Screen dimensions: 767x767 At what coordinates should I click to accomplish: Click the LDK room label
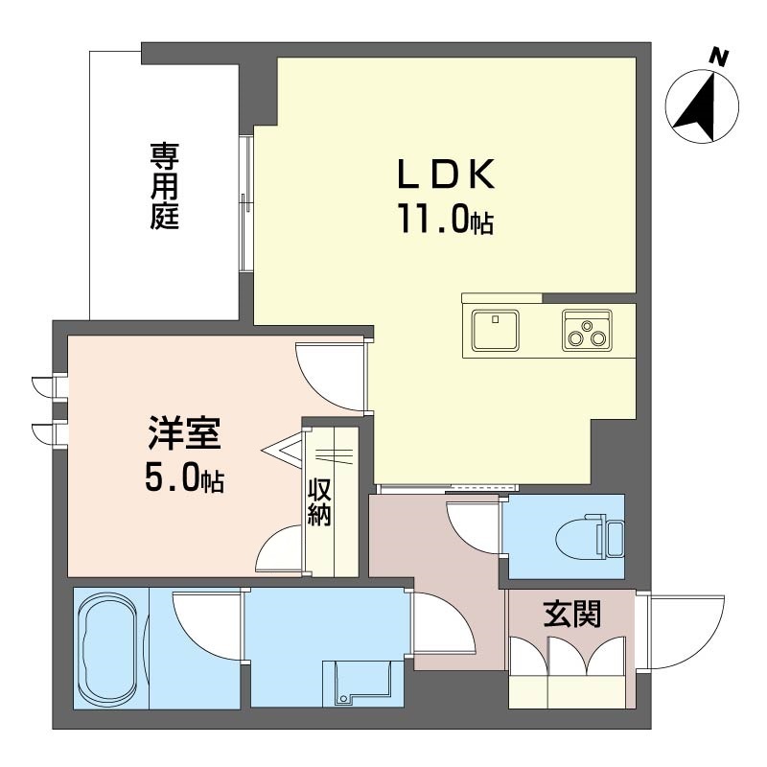coord(446,174)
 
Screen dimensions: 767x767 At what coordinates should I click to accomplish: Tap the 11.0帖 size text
coord(446,220)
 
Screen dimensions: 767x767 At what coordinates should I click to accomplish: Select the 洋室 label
coord(185,433)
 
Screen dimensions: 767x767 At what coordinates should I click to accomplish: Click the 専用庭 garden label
coord(164,186)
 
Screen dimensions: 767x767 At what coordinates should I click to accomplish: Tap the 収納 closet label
coord(319,501)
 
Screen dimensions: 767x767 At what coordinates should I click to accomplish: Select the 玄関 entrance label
coord(571,614)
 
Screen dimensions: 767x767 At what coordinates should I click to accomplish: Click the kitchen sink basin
coord(495,330)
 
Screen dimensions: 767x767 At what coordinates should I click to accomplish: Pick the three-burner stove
coord(587,330)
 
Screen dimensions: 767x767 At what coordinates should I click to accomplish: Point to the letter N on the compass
coord(718,58)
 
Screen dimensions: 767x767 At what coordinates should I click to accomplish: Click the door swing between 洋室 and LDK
coord(330,377)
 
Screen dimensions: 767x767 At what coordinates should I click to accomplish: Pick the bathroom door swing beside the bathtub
coord(207,626)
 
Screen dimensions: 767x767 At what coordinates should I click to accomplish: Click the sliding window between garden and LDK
coord(246,203)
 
